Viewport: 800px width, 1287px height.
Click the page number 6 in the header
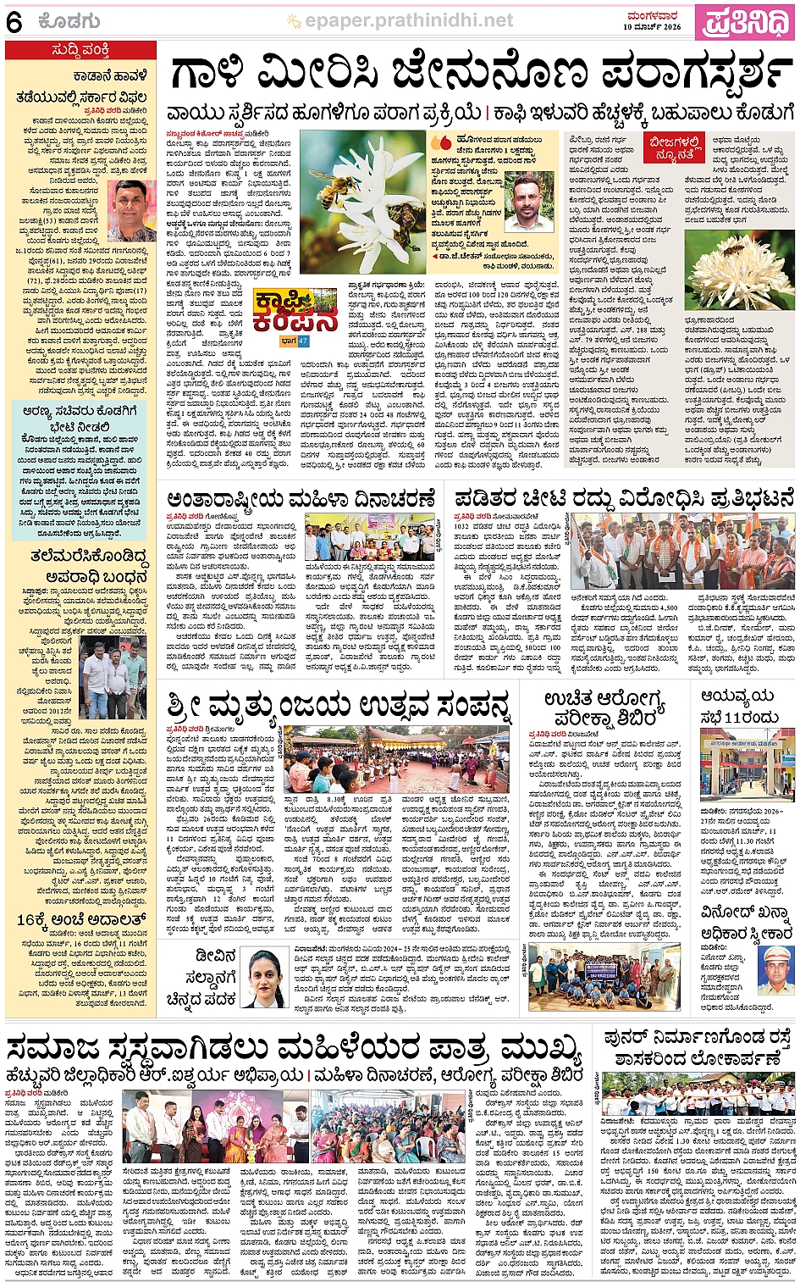click(x=14, y=23)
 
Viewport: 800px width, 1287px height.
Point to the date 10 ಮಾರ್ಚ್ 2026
click(x=652, y=27)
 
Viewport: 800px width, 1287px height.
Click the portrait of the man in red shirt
click(x=132, y=210)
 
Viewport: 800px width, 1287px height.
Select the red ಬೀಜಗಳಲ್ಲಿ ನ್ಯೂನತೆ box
click(x=675, y=148)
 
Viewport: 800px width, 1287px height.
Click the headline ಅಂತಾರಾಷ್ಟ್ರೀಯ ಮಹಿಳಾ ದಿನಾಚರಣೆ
click(x=301, y=499)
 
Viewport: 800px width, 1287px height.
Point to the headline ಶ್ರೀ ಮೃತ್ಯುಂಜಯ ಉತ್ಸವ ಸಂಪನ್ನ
click(x=339, y=704)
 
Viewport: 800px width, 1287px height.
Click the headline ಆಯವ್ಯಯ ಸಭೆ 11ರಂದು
click(x=738, y=706)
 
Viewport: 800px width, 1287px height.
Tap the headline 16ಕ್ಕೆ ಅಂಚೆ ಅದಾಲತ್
click(x=81, y=919)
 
